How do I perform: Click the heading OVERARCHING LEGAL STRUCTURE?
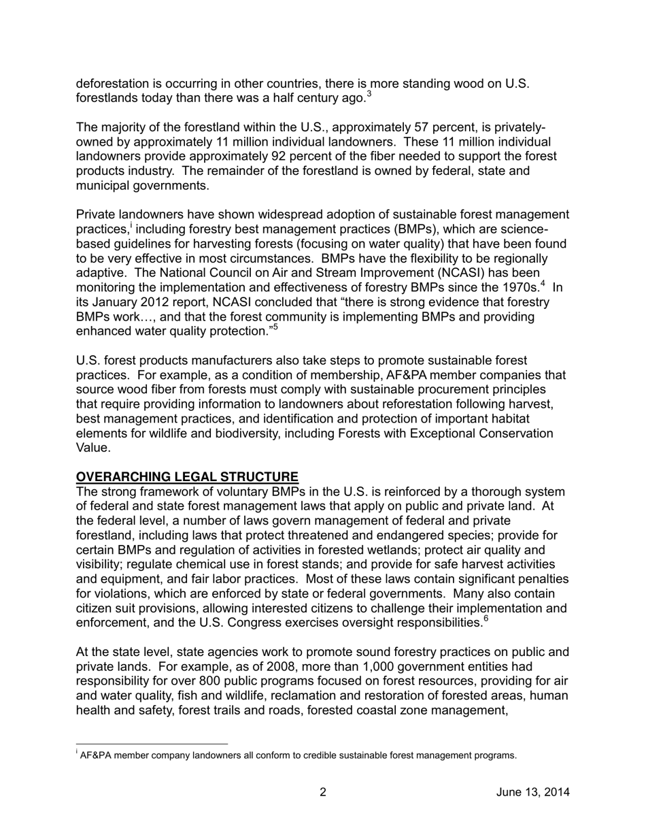(x=187, y=477)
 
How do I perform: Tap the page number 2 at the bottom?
(x=323, y=792)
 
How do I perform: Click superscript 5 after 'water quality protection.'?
(x=275, y=327)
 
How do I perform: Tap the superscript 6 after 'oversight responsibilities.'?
(x=485, y=619)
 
